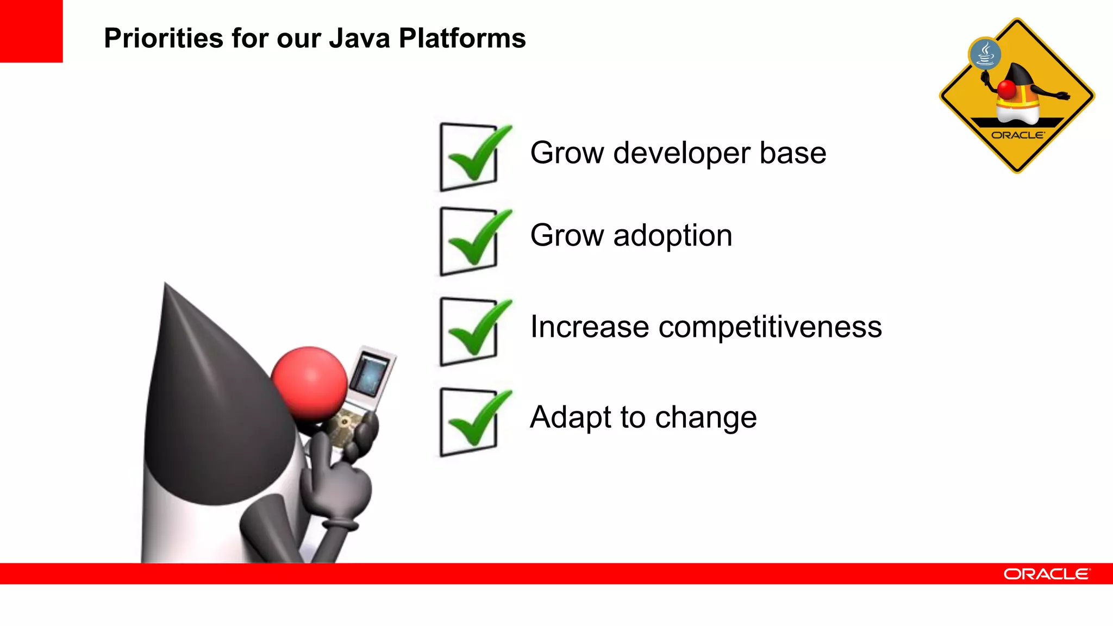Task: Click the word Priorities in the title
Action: coord(164,39)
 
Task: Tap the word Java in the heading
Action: coord(359,39)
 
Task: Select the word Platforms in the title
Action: coord(462,39)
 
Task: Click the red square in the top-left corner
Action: coord(31,31)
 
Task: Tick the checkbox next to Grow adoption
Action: coord(469,241)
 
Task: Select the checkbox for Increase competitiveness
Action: coord(469,331)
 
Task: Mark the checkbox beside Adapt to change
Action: coord(469,422)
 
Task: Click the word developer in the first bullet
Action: coord(681,153)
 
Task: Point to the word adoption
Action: coord(673,236)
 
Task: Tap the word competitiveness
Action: coord(770,327)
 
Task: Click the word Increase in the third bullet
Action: coord(590,327)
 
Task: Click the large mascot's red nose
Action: coord(309,383)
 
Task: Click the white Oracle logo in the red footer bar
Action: coord(1046,574)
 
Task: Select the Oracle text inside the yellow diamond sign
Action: coord(1017,135)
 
